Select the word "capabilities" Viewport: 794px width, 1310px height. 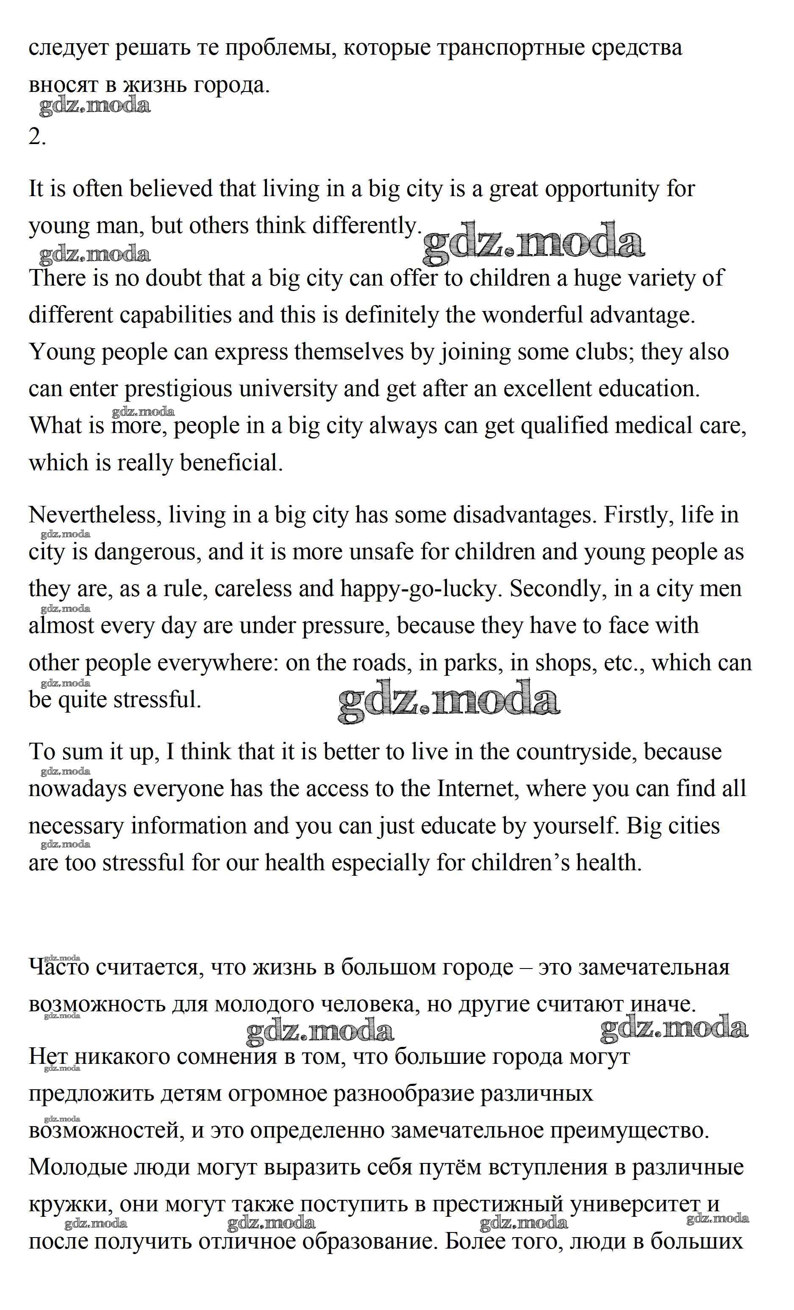175,315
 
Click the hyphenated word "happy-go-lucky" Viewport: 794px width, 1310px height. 419,589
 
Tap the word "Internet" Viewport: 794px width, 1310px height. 475,788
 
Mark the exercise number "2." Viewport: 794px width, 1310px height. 37,137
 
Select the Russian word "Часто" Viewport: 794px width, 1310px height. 59,967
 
